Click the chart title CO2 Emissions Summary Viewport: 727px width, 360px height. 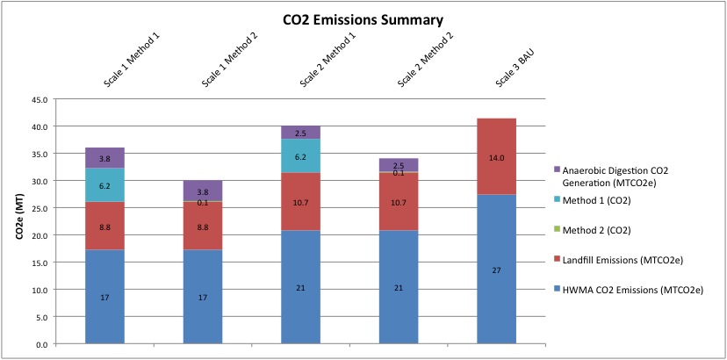tap(363, 18)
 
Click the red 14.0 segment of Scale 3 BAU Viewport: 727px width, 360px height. tap(496, 156)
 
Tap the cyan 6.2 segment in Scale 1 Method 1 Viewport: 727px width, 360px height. tap(104, 185)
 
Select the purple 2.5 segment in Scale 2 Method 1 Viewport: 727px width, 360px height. tap(300, 133)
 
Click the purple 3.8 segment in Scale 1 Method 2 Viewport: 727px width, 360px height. tap(202, 191)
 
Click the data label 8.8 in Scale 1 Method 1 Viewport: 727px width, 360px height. tap(104, 227)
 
